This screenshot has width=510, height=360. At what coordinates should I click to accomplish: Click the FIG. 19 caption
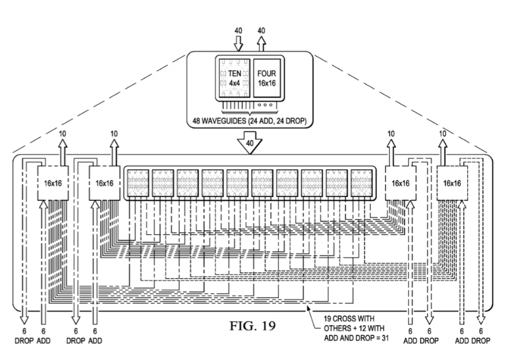coord(252,325)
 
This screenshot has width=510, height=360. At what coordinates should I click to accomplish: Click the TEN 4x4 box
coord(234,77)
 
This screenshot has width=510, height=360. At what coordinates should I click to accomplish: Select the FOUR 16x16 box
coord(267,77)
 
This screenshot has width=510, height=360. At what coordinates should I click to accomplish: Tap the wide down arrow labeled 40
coord(249,142)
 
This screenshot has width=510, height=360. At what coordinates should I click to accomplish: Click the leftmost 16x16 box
coord(53,183)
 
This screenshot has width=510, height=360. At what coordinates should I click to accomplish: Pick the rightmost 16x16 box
coord(452,183)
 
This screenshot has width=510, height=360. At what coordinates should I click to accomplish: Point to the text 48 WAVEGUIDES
coord(220,121)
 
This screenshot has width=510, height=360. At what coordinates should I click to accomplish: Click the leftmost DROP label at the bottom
coord(24,341)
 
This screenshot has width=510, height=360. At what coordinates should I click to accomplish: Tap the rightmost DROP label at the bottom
coord(480,341)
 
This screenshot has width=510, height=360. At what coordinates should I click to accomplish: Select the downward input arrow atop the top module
coord(239,43)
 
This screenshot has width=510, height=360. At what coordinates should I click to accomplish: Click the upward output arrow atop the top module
coord(261,43)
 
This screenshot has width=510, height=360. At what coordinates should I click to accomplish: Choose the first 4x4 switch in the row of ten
coord(138,183)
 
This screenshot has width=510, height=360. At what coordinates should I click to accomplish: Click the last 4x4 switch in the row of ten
coord(361,183)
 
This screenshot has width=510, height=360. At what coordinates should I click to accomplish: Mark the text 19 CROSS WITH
coord(349,318)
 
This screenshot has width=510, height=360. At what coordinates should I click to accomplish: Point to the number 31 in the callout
coord(385,338)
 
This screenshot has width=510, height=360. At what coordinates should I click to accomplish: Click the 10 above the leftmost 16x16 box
coord(62,133)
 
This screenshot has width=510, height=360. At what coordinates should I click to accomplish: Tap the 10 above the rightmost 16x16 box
coord(443,133)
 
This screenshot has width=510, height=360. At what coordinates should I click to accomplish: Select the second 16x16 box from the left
coord(105,183)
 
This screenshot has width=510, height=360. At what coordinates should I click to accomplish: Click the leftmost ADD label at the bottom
coord(43,341)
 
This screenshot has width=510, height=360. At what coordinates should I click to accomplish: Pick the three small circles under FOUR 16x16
coord(265,104)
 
